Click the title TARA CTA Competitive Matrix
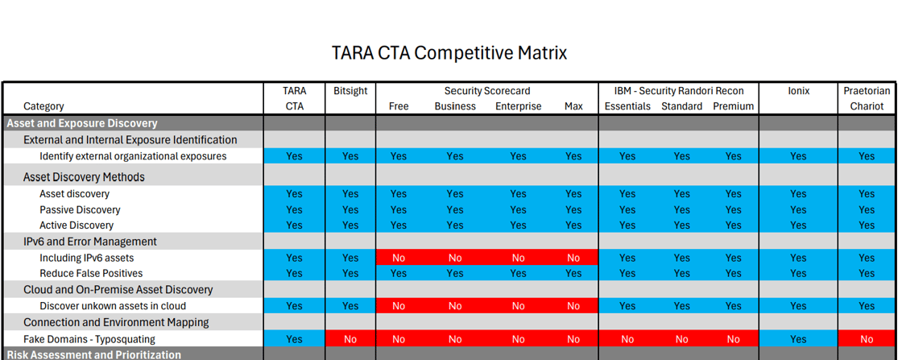(449, 53)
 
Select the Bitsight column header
(350, 91)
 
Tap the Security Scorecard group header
(486, 91)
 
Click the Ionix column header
(798, 91)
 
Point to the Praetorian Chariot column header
(867, 98)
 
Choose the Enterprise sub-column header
(518, 106)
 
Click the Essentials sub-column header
(627, 106)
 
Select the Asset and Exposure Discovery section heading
(82, 123)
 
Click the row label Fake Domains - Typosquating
(89, 339)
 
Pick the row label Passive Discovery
(80, 209)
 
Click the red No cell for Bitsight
(350, 339)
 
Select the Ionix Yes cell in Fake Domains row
(798, 339)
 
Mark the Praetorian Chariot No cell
(867, 339)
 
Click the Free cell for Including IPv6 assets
(399, 258)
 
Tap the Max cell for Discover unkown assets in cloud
(573, 306)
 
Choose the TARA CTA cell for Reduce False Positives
(295, 273)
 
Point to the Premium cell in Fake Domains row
(733, 339)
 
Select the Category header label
(43, 106)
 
